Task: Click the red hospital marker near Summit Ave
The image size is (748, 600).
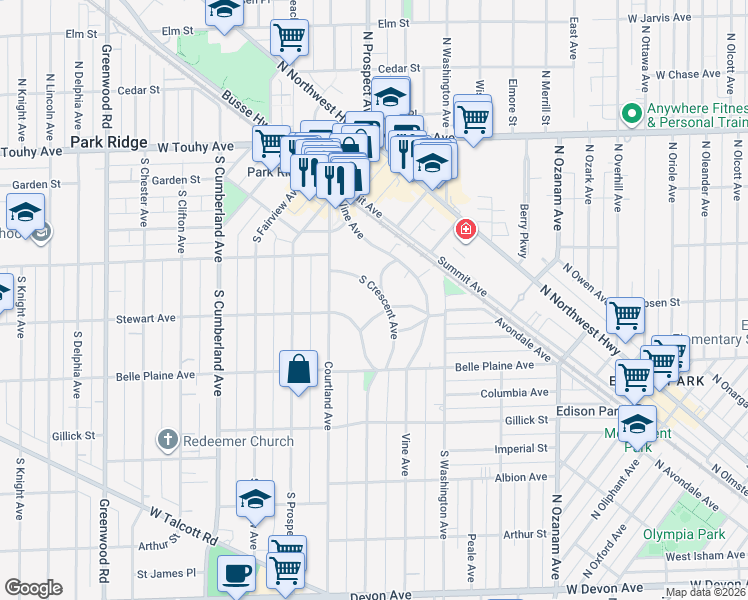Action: point(465,231)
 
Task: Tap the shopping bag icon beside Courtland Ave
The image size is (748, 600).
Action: point(299,369)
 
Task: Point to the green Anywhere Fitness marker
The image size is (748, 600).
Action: point(632,112)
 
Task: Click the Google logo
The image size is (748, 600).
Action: point(33,588)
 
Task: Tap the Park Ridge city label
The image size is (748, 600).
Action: point(110,143)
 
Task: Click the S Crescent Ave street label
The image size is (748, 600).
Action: point(380,306)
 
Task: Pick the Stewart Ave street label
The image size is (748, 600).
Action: point(145,319)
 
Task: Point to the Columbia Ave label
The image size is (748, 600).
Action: point(515,393)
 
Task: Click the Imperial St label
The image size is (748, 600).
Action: point(521,448)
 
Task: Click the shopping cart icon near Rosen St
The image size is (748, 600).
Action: point(626,316)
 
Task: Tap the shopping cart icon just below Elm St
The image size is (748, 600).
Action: point(289,39)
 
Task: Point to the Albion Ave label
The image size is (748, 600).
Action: point(521,478)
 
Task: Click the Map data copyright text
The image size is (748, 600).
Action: point(706,592)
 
